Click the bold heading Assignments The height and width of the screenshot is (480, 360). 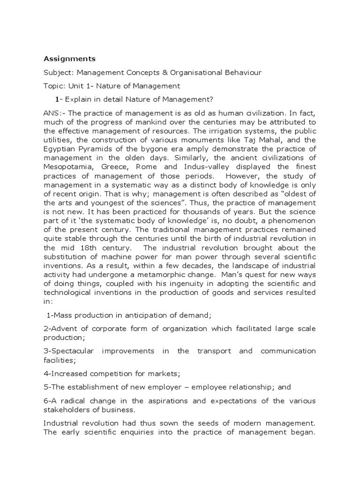click(69, 59)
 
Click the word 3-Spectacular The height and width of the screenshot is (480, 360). click(68, 351)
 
